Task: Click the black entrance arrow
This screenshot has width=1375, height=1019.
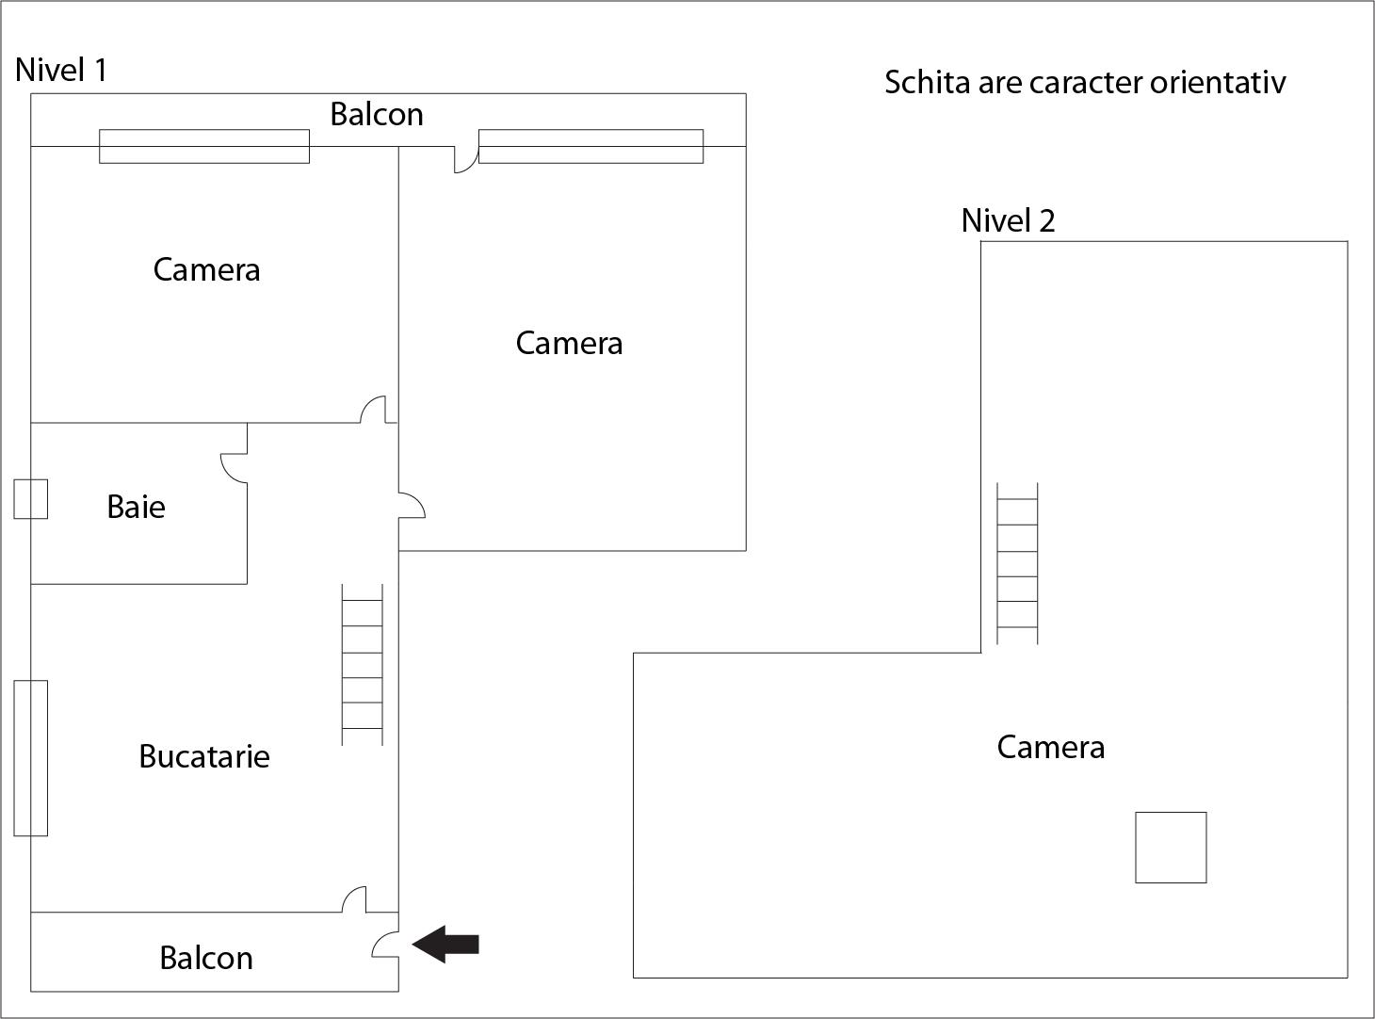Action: click(x=446, y=944)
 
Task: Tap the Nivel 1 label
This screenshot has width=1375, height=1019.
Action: click(x=61, y=70)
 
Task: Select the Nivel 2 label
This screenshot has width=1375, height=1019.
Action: click(x=1008, y=220)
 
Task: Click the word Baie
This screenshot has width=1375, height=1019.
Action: click(x=136, y=507)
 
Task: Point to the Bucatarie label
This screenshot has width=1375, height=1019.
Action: click(x=203, y=756)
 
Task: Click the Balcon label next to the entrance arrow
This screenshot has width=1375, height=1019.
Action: click(x=205, y=958)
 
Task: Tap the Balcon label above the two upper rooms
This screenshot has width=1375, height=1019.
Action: click(x=376, y=115)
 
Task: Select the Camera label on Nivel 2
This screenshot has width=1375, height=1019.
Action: click(x=1050, y=747)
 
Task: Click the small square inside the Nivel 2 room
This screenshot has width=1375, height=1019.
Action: click(x=1171, y=848)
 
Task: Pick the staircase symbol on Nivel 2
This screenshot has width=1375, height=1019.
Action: click(x=1018, y=563)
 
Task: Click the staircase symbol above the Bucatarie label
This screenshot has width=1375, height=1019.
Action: click(x=362, y=665)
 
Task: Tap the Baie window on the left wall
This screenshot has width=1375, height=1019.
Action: click(x=30, y=499)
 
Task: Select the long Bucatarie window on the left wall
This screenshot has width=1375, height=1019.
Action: click(x=30, y=758)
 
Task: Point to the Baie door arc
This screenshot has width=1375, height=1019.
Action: click(x=234, y=467)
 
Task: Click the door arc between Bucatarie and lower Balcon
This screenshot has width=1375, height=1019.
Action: click(x=354, y=899)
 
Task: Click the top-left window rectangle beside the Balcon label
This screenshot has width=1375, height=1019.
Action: click(x=204, y=146)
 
